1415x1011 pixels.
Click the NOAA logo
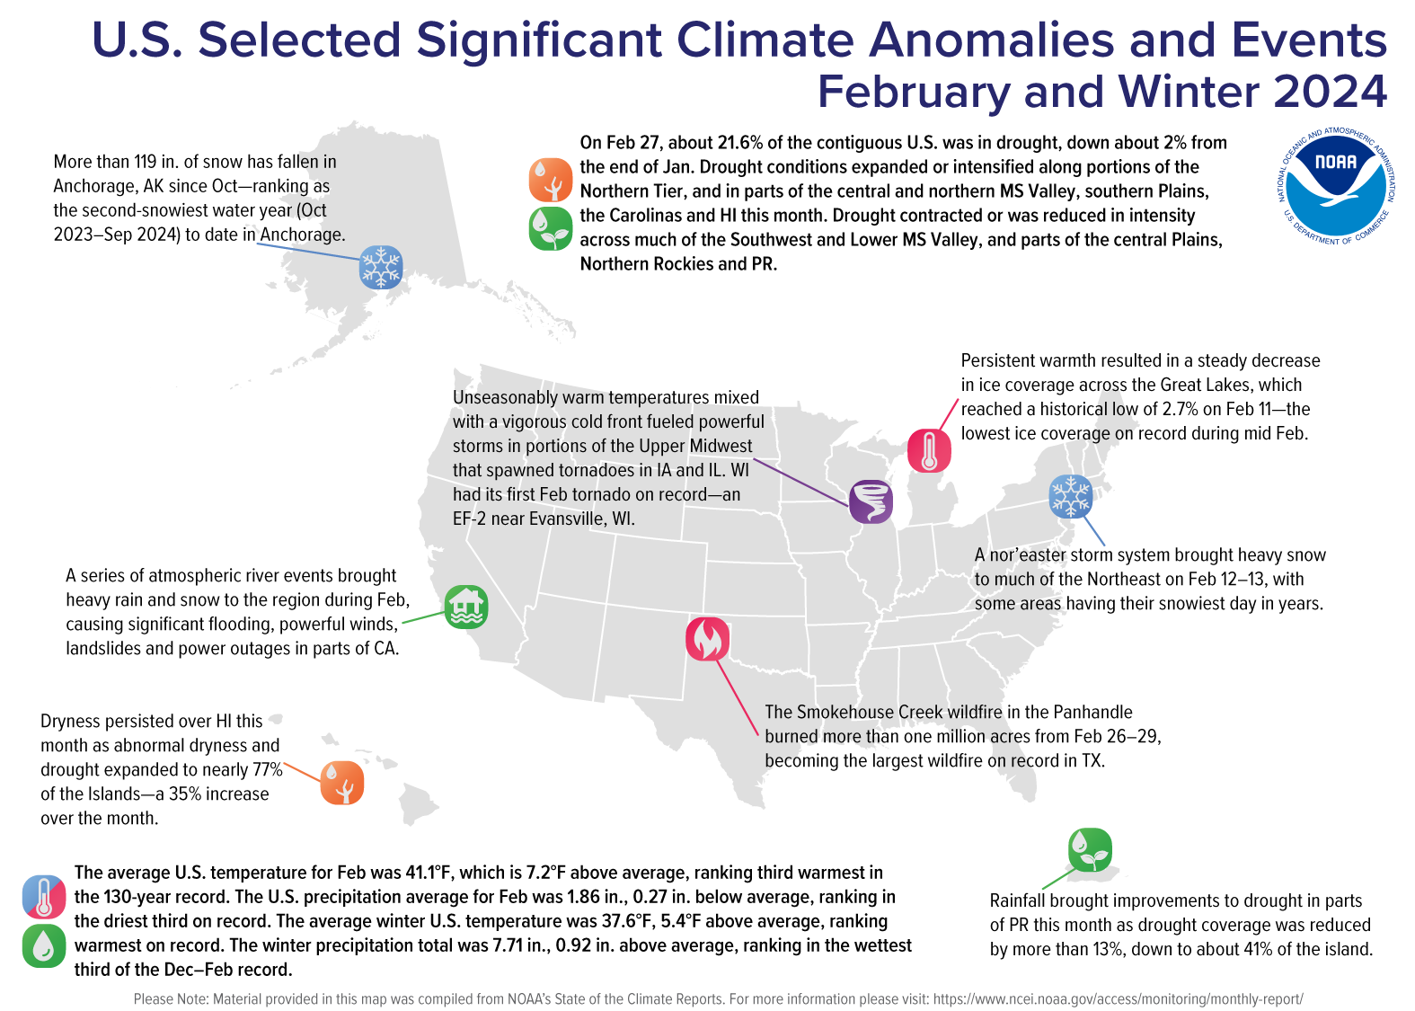1336,186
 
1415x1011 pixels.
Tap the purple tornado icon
871,501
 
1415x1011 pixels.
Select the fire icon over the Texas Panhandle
707,639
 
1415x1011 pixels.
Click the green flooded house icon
466,607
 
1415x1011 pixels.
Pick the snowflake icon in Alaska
381,267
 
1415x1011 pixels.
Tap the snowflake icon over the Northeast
1070,496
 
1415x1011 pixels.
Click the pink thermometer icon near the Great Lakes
929,450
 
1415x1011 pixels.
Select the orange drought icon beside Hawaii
342,783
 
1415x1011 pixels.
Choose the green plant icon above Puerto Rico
1090,850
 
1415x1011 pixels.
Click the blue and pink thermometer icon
44,897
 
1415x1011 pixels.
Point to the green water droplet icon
44,945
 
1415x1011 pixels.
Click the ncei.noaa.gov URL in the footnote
1118,999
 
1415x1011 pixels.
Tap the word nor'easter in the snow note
1028,555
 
